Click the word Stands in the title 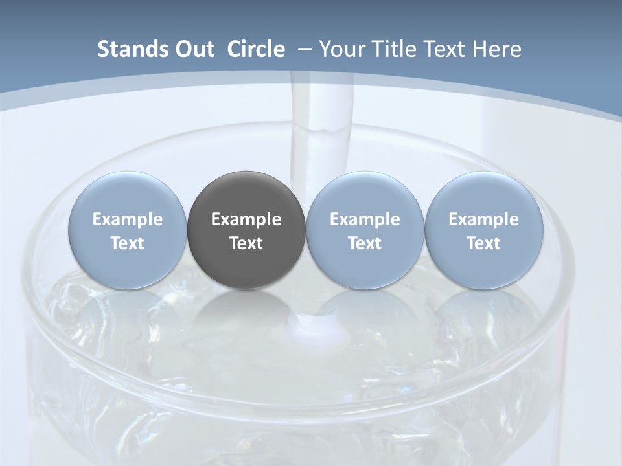126,49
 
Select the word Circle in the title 256,49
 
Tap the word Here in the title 497,49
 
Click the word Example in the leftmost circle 128,219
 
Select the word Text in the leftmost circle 128,243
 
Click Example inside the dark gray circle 246,219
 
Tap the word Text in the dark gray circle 246,243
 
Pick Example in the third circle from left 365,219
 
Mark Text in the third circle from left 365,243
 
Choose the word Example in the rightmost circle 483,219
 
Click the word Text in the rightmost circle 483,243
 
